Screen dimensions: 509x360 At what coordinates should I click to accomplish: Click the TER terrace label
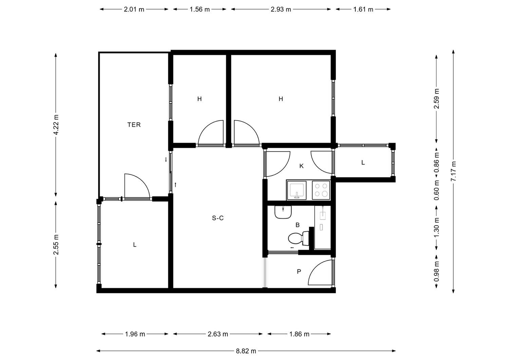click(134, 125)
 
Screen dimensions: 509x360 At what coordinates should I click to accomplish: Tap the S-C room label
click(218, 218)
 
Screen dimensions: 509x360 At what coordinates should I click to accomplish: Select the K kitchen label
click(302, 166)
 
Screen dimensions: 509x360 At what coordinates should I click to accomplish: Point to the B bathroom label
click(298, 225)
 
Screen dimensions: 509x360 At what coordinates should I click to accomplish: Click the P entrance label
click(299, 271)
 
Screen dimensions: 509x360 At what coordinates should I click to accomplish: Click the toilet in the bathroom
click(298, 238)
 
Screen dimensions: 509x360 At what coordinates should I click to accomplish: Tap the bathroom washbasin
click(283, 212)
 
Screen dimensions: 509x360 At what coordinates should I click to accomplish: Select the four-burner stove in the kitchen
click(321, 190)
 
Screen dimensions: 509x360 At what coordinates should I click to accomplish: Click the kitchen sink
click(297, 190)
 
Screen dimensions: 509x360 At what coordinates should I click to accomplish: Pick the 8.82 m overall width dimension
click(246, 351)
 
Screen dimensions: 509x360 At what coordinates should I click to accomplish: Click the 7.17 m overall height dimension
click(453, 171)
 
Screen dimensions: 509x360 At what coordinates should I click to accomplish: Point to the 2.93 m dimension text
click(281, 9)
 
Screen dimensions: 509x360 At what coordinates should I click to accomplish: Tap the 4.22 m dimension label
click(56, 125)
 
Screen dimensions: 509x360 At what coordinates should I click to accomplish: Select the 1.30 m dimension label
click(436, 227)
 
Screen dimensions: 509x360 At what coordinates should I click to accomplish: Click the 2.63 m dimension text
click(218, 334)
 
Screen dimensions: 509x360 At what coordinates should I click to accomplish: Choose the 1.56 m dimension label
click(200, 9)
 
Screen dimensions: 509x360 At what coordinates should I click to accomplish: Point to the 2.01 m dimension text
click(134, 9)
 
